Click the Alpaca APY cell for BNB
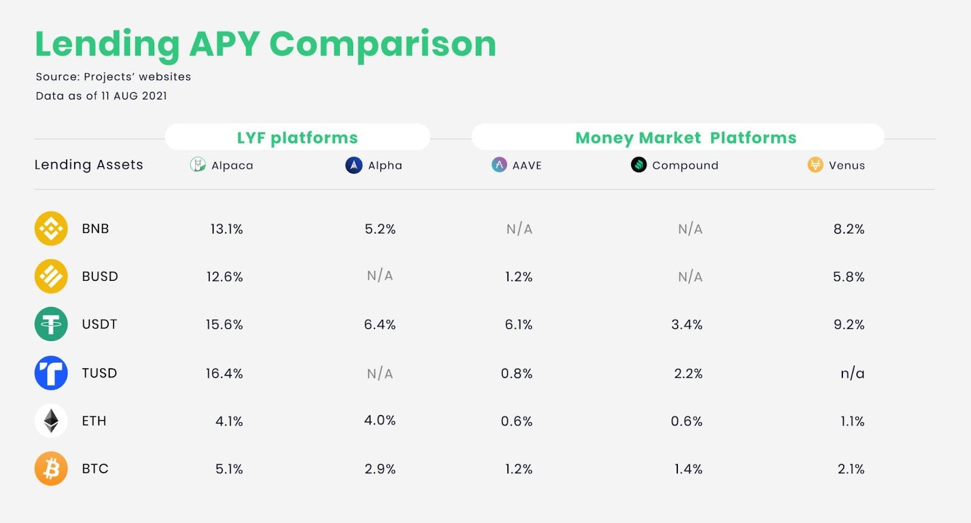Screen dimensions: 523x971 [226, 229]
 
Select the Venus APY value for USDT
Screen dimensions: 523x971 [848, 325]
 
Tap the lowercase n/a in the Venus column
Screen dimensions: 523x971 [852, 373]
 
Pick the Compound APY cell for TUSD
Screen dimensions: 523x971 [688, 373]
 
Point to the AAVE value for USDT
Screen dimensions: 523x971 [518, 325]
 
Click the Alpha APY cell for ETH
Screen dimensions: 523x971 [380, 420]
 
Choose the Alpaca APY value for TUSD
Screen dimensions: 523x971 [224, 373]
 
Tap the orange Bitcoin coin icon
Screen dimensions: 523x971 [51, 468]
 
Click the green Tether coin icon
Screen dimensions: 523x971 [51, 324]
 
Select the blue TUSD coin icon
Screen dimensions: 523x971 [51, 373]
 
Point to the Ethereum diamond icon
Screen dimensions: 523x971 [51, 420]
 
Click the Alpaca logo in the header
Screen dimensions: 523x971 [198, 164]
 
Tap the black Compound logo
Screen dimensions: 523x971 [638, 164]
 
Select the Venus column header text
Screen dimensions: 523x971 [847, 165]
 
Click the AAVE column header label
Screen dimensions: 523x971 [527, 165]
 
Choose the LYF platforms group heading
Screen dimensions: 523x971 [297, 138]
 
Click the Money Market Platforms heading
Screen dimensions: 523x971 [686, 138]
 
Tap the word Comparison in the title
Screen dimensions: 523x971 [382, 44]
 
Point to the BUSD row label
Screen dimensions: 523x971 [100, 277]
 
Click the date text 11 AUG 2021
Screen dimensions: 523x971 [134, 96]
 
